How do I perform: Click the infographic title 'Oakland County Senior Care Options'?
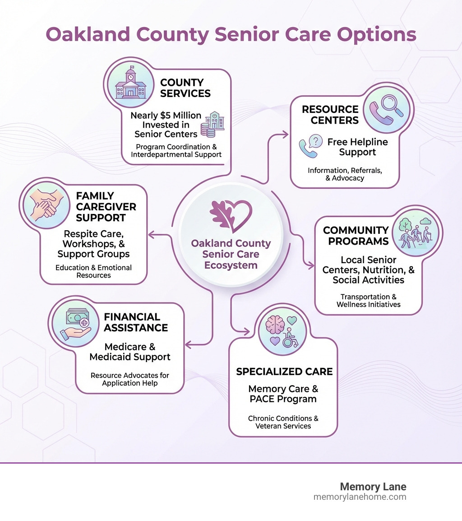point(231,34)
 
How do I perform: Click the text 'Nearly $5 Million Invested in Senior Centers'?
point(166,125)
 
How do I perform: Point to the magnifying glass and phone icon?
point(383,108)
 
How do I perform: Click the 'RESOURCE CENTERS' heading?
point(330,115)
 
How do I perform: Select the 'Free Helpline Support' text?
point(357,147)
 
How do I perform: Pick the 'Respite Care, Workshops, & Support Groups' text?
point(96,244)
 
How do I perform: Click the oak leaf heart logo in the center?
point(231,214)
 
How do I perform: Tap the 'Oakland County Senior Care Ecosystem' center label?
point(231,254)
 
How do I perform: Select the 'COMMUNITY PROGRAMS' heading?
point(356,236)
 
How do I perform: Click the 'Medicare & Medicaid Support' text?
point(130,352)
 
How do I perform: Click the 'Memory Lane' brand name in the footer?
point(373,487)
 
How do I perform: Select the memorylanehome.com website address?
point(360,497)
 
